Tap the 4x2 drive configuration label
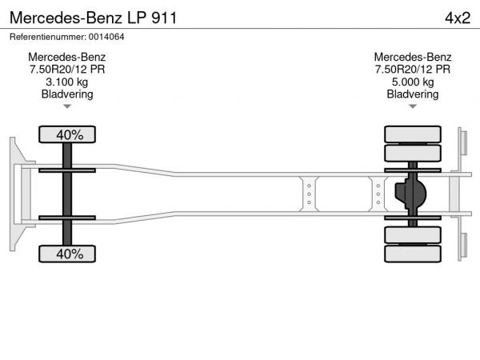point(457,16)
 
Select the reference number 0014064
point(67,37)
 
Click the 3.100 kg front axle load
point(67,82)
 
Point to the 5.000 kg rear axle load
point(413,82)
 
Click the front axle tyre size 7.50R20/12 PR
point(67,70)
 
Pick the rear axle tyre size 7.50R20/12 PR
point(413,70)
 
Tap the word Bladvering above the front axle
point(67,94)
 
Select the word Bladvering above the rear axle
point(413,94)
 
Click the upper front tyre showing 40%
point(68,134)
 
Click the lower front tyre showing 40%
point(68,254)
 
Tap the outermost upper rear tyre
point(412,134)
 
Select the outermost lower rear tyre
point(412,254)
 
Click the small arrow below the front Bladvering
point(67,106)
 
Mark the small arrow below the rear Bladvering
point(413,106)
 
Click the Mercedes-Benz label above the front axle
point(67,57)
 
